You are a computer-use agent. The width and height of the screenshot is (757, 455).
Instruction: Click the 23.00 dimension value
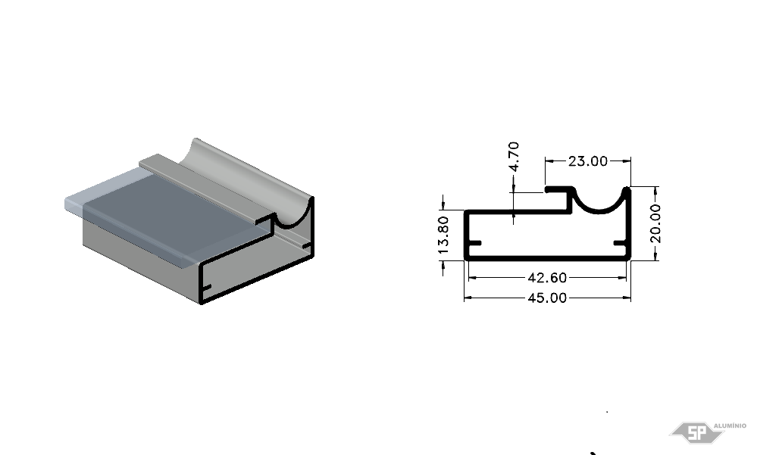[587, 161]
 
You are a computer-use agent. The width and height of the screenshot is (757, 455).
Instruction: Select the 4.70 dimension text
[515, 156]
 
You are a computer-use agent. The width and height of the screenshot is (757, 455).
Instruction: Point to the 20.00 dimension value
[655, 223]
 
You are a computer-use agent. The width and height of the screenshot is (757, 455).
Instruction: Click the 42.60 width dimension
[547, 278]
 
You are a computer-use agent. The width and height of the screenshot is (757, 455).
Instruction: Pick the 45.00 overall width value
[547, 298]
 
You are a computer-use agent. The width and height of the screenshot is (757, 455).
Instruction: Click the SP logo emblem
[696, 432]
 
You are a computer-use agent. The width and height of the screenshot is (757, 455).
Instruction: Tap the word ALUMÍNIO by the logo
[730, 425]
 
